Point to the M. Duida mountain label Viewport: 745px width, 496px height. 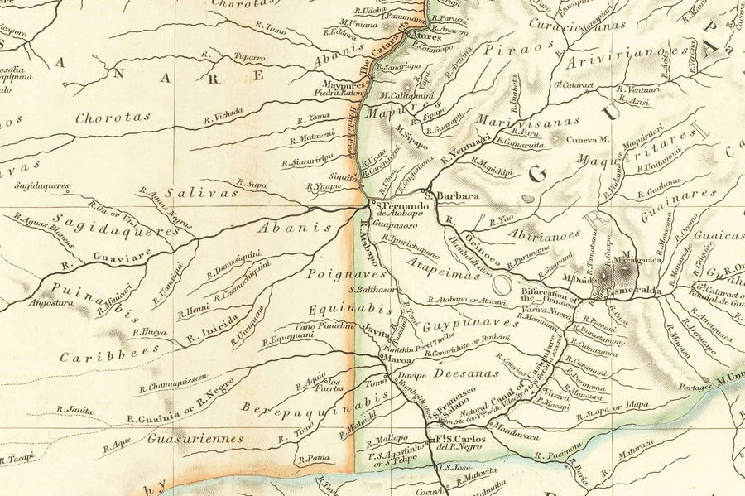(579, 279)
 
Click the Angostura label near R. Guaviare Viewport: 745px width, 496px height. (51, 303)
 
